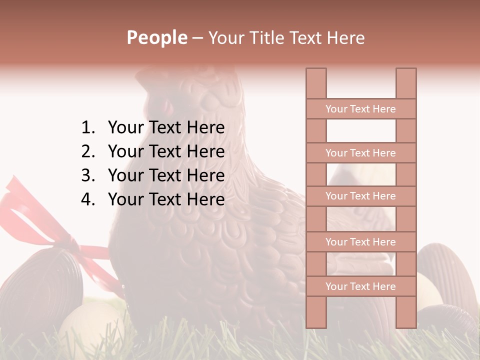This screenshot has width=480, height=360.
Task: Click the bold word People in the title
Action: [x=156, y=37]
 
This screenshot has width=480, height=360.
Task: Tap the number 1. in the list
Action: [x=87, y=128]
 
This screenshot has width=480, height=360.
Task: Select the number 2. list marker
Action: [x=87, y=151]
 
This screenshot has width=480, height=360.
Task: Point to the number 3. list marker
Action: [x=87, y=175]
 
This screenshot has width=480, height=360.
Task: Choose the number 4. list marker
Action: [x=87, y=199]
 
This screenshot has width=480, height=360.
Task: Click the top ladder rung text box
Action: [x=360, y=109]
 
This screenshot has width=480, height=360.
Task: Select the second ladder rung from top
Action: [x=360, y=153]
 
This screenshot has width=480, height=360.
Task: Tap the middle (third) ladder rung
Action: [x=360, y=196]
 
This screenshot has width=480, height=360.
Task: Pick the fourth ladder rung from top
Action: [x=360, y=242]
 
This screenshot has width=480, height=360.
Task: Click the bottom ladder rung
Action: [x=360, y=286]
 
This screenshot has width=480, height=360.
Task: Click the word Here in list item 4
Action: [x=205, y=199]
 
